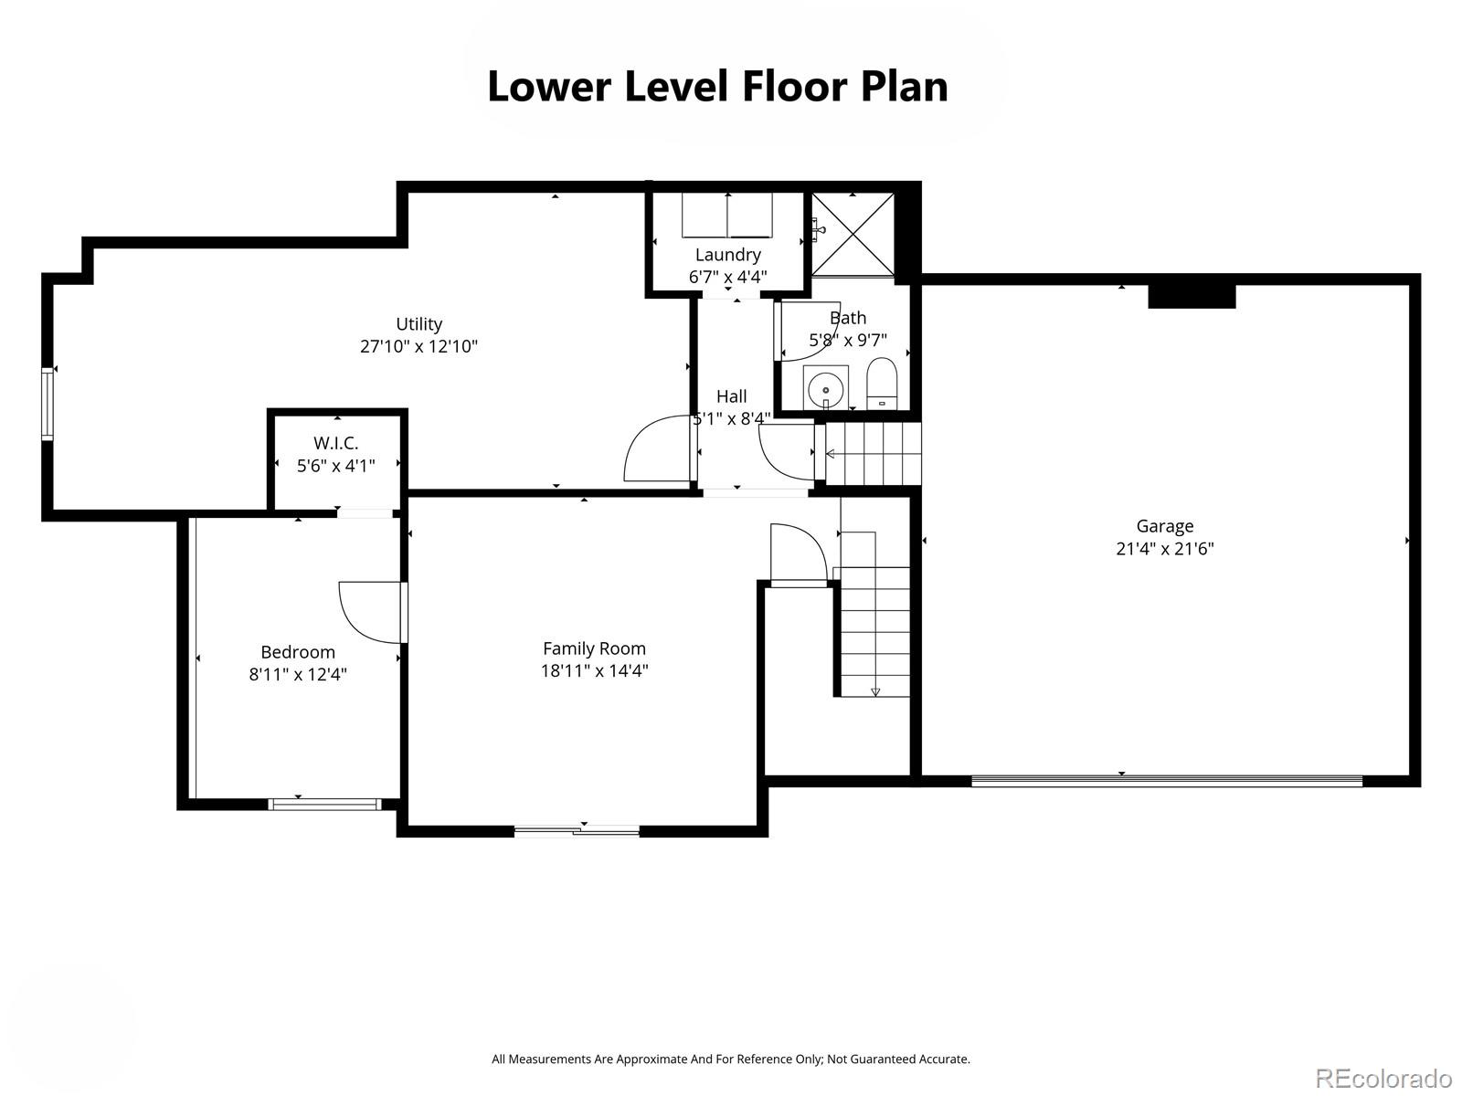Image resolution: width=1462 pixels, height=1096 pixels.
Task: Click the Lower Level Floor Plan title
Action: point(717,87)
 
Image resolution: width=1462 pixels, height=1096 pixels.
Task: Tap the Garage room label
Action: point(1164,526)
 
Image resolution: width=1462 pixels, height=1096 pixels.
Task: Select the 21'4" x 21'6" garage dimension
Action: point(1164,549)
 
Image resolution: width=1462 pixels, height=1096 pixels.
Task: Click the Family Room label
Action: point(594,648)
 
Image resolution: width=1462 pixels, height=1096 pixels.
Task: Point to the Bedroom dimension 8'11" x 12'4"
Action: point(298,675)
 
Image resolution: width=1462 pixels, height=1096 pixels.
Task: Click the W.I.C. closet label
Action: point(335,443)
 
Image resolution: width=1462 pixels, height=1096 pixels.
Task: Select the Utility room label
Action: point(418,324)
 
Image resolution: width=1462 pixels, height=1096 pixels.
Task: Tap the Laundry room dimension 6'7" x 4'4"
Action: point(727,277)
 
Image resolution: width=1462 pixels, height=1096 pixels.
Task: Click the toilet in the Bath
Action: point(882,384)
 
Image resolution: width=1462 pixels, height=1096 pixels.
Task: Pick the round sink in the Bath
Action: point(825,389)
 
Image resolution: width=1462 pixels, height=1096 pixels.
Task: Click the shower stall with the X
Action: point(853,234)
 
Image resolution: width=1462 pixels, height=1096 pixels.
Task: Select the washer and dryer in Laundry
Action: point(727,215)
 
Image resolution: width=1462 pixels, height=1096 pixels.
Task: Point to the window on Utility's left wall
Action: point(48,404)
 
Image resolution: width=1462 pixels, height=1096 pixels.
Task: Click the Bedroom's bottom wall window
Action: point(324,804)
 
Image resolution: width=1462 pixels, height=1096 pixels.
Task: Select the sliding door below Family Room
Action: point(577,830)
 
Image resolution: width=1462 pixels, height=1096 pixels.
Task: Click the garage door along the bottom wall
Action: point(1167,781)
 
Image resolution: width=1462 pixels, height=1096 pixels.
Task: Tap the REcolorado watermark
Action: point(1383,1078)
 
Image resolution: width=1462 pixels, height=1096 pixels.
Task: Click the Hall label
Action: point(731,396)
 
